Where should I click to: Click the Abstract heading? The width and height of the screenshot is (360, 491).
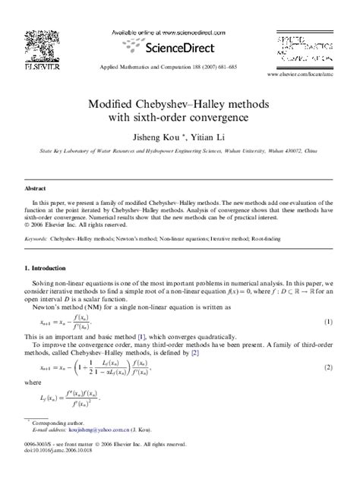click(x=36, y=187)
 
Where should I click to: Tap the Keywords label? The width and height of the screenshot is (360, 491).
click(x=36, y=238)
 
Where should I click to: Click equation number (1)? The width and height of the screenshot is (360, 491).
click(x=329, y=322)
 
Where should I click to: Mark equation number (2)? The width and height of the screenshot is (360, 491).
click(x=329, y=367)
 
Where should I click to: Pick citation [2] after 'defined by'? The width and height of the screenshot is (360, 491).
click(x=195, y=353)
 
